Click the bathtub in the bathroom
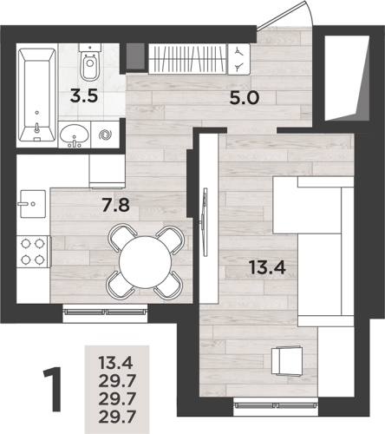[x=37, y=95]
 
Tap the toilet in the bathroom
[x=90, y=62]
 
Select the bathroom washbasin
[x=75, y=135]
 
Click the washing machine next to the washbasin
[x=105, y=135]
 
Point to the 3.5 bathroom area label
[x=84, y=96]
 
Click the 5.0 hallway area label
[x=245, y=98]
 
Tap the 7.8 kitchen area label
[x=115, y=205]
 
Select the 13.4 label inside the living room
[x=267, y=267]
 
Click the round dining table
[x=146, y=262]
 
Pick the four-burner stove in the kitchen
[x=33, y=252]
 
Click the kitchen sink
[x=33, y=204]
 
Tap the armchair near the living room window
[x=287, y=361]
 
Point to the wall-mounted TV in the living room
[x=205, y=222]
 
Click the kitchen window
[x=105, y=312]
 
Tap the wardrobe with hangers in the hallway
[x=187, y=59]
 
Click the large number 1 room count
[x=53, y=390]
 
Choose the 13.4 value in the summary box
[x=115, y=363]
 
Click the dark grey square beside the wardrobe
[x=135, y=56]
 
